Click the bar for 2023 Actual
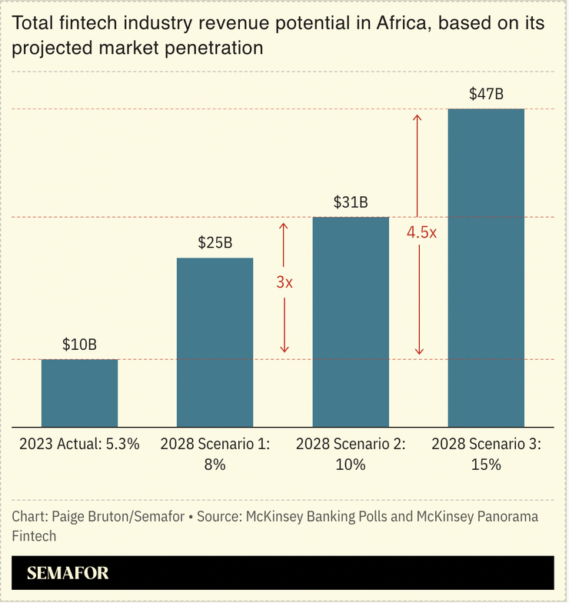pyautogui.click(x=79, y=393)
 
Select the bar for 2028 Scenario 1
pyautogui.click(x=215, y=342)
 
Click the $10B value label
pyautogui.click(x=79, y=345)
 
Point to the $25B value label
pyautogui.click(x=215, y=243)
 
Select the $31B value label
pyautogui.click(x=351, y=202)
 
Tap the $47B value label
pyautogui.click(x=486, y=94)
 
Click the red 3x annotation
pyautogui.click(x=284, y=282)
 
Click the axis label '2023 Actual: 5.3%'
pyautogui.click(x=79, y=445)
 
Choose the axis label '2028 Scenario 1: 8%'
pyautogui.click(x=215, y=454)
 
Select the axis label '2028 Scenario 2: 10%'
pyautogui.click(x=351, y=454)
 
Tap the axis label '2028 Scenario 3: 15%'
pyautogui.click(x=486, y=454)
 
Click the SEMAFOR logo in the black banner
pyautogui.click(x=68, y=574)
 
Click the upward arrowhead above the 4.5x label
pyautogui.click(x=418, y=118)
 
